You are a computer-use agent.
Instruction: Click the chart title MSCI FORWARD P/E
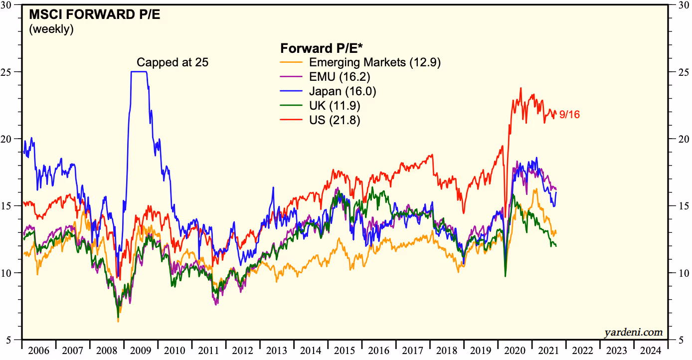coord(95,14)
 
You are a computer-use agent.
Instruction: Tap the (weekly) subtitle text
coord(51,29)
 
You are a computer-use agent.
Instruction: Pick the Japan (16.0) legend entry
coord(343,91)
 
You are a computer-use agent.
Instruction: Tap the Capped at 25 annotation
coord(173,62)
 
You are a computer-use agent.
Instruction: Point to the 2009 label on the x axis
coord(141,350)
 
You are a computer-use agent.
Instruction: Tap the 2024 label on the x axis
coord(651,350)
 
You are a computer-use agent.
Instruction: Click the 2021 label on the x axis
coord(549,350)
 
